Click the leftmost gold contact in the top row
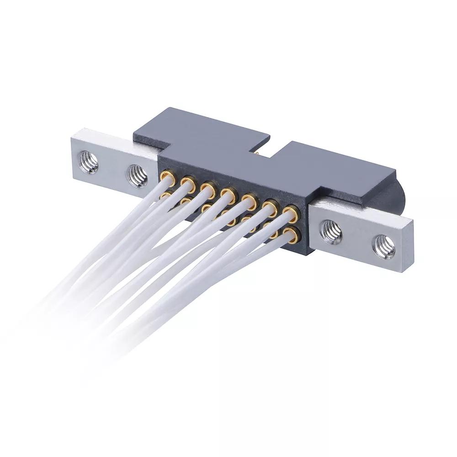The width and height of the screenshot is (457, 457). pyautogui.click(x=167, y=176)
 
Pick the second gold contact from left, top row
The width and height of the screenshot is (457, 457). pyautogui.click(x=187, y=182)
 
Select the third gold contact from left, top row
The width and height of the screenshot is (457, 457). pyautogui.click(x=208, y=188)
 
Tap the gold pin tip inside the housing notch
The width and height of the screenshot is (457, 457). pyautogui.click(x=259, y=154)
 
